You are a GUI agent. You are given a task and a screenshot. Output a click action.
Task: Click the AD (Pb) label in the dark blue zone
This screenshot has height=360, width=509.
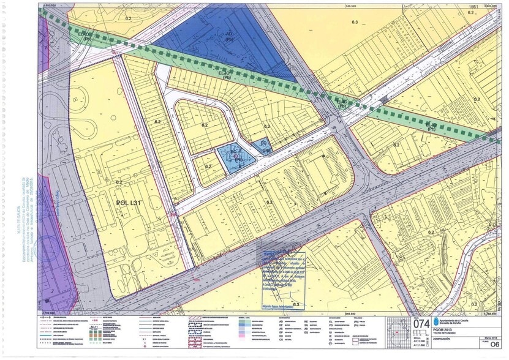pyautogui.click(x=230, y=36)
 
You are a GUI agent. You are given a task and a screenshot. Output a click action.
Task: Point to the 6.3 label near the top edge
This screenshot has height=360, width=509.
pyautogui.click(x=353, y=22)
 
